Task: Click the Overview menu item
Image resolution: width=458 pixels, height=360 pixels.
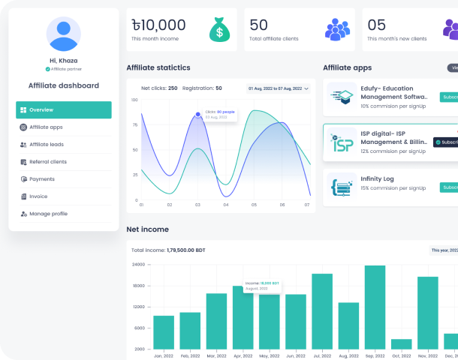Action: click(63, 110)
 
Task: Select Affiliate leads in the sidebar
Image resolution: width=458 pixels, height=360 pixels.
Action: click(47, 145)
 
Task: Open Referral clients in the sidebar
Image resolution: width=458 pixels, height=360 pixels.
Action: click(48, 162)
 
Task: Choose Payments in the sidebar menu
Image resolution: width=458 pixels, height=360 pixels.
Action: click(42, 179)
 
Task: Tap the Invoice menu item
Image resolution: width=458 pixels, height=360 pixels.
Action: click(38, 196)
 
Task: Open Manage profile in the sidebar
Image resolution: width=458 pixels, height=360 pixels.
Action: click(48, 214)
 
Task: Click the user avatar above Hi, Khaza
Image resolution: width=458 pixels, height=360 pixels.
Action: click(64, 34)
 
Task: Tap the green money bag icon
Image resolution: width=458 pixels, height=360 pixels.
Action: click(219, 30)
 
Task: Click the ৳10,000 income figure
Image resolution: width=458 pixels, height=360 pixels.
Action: click(158, 25)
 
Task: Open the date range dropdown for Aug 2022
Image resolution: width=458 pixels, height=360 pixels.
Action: click(279, 88)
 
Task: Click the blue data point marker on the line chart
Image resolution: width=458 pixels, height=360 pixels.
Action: click(197, 115)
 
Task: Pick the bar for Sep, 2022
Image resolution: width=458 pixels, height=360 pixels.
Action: click(375, 307)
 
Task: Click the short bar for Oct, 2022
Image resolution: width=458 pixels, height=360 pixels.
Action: click(402, 343)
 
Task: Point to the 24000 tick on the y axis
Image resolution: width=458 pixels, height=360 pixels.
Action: click(139, 265)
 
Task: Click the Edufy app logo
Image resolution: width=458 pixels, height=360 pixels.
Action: click(342, 97)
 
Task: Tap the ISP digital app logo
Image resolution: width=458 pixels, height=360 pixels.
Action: click(342, 142)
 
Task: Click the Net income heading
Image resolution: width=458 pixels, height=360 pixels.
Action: click(148, 229)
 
